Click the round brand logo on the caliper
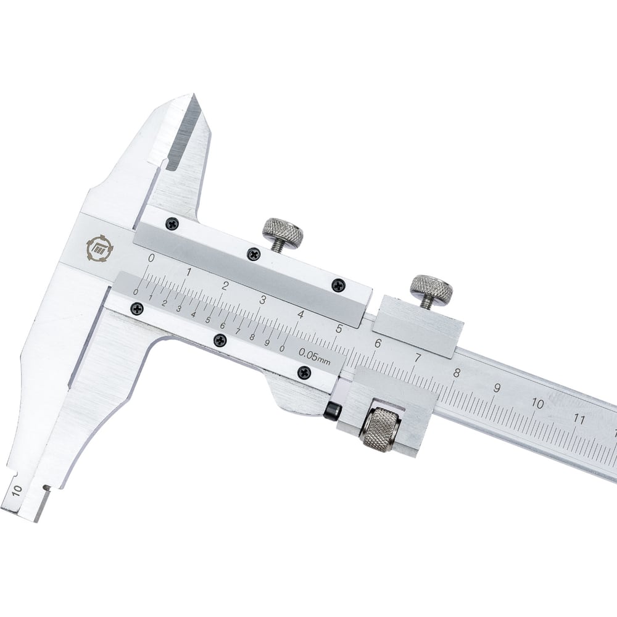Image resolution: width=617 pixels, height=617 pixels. [x=99, y=248]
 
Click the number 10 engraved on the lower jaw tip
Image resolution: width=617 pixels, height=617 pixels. [x=17, y=492]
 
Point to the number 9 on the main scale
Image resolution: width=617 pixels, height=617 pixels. [x=497, y=388]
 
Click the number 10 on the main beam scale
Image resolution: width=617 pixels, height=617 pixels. [x=537, y=404]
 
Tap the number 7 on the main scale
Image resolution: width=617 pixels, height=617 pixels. [x=418, y=358]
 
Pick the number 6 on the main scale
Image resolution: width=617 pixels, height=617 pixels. [x=378, y=344]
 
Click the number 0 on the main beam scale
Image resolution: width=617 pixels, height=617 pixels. [x=151, y=258]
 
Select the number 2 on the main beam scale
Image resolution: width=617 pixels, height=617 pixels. [x=225, y=286]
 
